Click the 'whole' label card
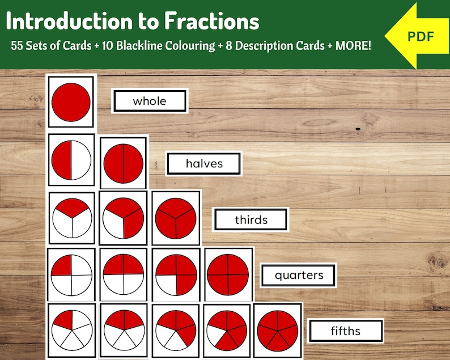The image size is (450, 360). coord(150,101)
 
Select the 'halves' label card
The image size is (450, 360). coord(204,164)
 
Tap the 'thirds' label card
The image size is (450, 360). coord(251,219)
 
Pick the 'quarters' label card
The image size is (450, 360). coord(299,276)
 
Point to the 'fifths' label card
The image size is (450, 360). coord(346,331)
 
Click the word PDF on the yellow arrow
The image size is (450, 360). coord(421,37)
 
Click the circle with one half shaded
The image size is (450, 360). coord(71,160)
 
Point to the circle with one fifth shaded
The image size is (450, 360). coord(71,330)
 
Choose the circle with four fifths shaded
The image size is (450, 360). coord(227,330)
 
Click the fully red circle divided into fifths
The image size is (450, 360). coord(277,330)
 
